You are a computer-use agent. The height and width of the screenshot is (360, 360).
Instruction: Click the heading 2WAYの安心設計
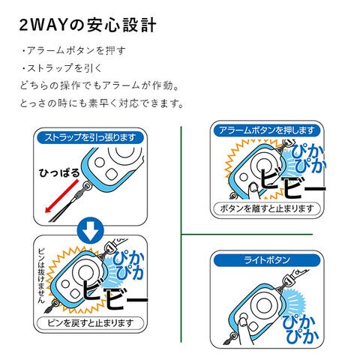pyautogui.click(x=88, y=25)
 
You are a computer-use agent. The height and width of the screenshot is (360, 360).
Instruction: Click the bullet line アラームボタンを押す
pyautogui.click(x=73, y=50)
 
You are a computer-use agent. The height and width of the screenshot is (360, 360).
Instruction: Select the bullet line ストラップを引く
pyautogui.click(x=61, y=68)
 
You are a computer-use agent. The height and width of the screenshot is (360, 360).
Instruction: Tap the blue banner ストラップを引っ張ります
pyautogui.click(x=90, y=137)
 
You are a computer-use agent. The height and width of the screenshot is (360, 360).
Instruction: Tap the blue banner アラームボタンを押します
pyautogui.click(x=266, y=130)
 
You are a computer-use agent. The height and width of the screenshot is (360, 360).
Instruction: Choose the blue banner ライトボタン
pyautogui.click(x=267, y=260)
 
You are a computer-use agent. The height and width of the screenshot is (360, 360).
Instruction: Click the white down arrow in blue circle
pyautogui.click(x=90, y=230)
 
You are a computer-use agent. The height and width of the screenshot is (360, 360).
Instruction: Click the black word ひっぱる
pyautogui.click(x=59, y=173)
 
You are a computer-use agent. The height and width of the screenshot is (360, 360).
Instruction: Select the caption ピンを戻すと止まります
pyautogui.click(x=90, y=323)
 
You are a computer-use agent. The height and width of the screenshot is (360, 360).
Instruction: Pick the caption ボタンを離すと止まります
pyautogui.click(x=267, y=208)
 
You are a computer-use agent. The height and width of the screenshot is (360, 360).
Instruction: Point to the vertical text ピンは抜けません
pyautogui.click(x=41, y=275)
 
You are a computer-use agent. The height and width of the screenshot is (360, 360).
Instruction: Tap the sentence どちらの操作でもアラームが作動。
pyautogui.click(x=100, y=85)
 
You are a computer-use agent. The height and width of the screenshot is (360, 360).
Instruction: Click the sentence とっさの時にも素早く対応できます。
pyautogui.click(x=102, y=103)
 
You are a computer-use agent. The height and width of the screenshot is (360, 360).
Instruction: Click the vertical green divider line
pyautogui.click(x=181, y=234)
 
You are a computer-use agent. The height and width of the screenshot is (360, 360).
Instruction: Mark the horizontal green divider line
pyautogui.click(x=247, y=235)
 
